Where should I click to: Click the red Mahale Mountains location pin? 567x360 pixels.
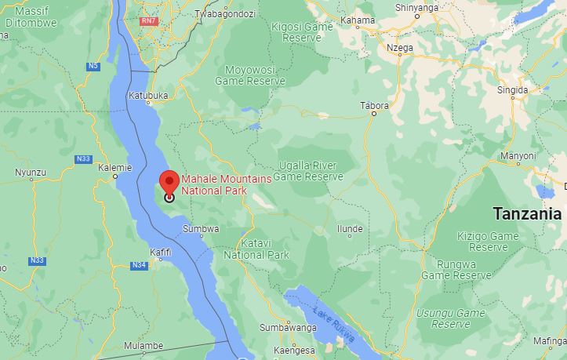[x=169, y=182]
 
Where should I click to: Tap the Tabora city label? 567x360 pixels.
[x=374, y=104]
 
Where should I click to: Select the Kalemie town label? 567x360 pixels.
[x=116, y=167]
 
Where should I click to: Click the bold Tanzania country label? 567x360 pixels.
[x=527, y=213]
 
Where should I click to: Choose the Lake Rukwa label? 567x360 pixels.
[x=336, y=322]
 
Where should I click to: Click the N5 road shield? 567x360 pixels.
[x=95, y=66]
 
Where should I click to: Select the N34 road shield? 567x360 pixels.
[x=140, y=266]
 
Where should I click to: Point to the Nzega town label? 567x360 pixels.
[x=400, y=47]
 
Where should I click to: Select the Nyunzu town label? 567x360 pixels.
[x=31, y=172]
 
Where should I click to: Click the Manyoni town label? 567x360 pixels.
[x=518, y=156]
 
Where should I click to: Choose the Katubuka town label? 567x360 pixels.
[x=149, y=96]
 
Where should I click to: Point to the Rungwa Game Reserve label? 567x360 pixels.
[x=456, y=270]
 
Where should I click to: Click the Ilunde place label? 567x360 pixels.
[x=349, y=229]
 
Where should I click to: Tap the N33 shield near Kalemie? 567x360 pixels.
[x=84, y=159]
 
